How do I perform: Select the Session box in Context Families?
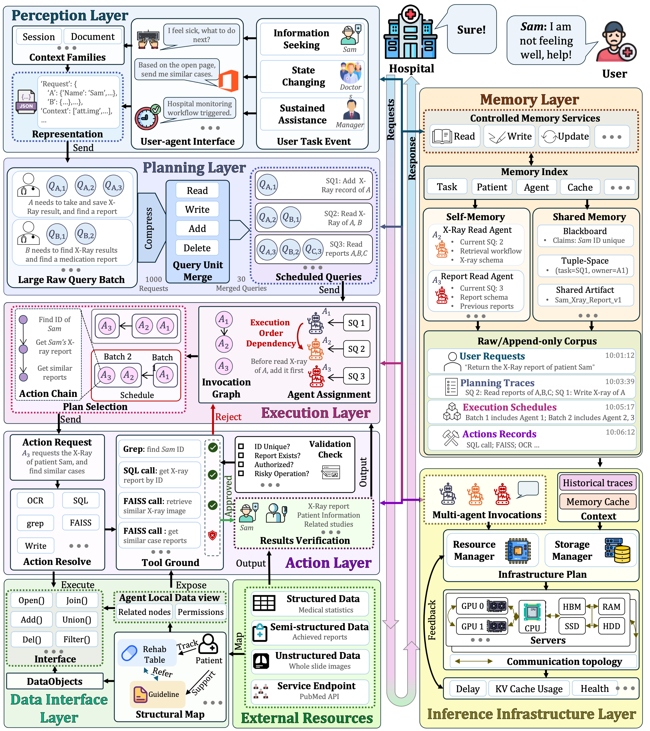click(x=39, y=37)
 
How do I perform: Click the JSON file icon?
click(x=26, y=101)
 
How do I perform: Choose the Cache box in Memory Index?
click(x=580, y=187)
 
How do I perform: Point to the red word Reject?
click(x=228, y=417)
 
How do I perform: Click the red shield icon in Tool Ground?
click(x=213, y=535)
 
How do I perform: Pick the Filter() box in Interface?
click(x=77, y=639)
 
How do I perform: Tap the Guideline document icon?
click(x=140, y=694)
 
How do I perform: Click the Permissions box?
click(x=200, y=612)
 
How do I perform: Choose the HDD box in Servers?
click(x=611, y=626)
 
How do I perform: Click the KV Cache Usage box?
click(x=529, y=689)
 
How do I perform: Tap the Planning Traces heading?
click(x=497, y=383)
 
